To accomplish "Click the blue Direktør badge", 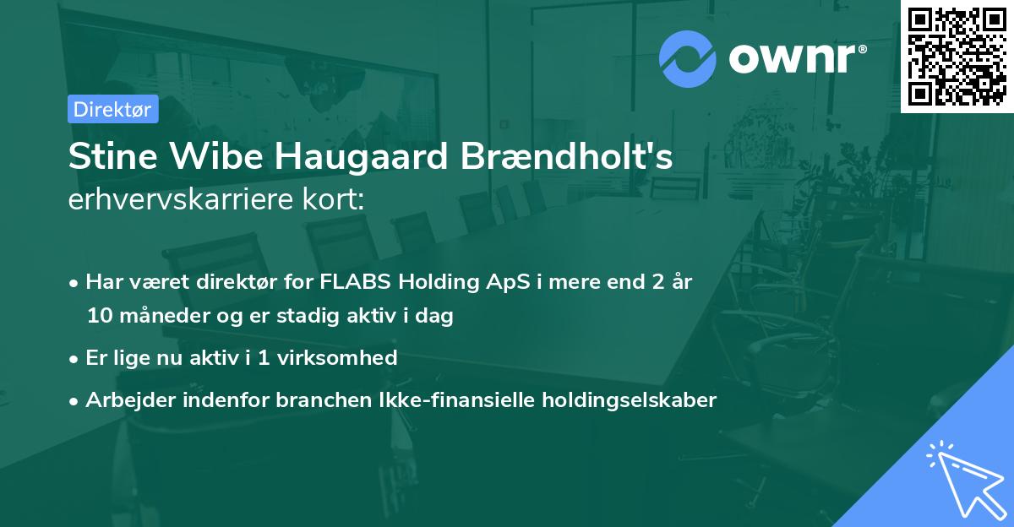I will click(112, 109).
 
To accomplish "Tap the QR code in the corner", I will click(957, 56).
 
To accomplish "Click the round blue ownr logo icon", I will click(688, 59).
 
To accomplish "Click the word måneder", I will click(152, 317).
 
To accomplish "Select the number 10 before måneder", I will click(97, 317).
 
